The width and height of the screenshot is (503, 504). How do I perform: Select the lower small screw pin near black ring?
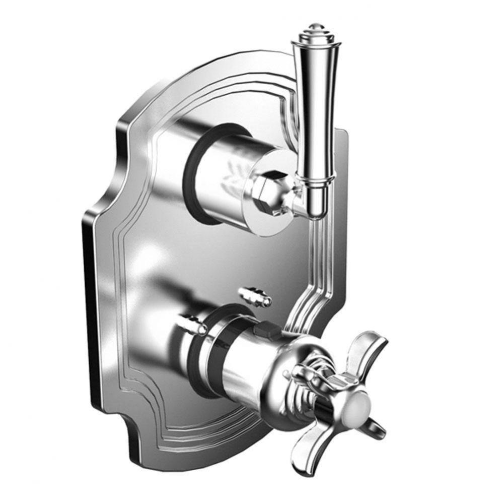tap(191, 323)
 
